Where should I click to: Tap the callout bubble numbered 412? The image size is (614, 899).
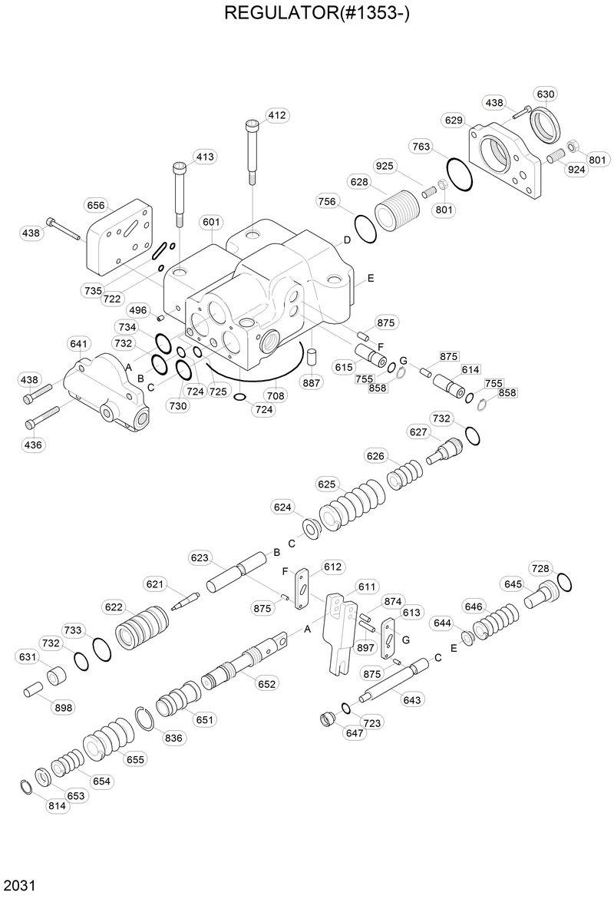[x=276, y=115]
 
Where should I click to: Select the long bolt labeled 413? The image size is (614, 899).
[x=178, y=192]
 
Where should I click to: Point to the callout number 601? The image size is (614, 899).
[x=211, y=223]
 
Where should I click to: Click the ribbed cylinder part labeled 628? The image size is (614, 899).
[x=398, y=207]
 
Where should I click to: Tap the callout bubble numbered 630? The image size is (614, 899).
[x=545, y=94]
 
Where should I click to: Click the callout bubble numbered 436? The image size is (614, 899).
[x=33, y=444]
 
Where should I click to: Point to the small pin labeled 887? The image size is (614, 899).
[x=312, y=358]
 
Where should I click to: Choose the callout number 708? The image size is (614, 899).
[x=275, y=396]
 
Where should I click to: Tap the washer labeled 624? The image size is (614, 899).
[x=312, y=529]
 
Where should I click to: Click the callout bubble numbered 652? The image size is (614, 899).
[x=267, y=684]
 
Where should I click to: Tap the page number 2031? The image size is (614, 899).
[x=20, y=884]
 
